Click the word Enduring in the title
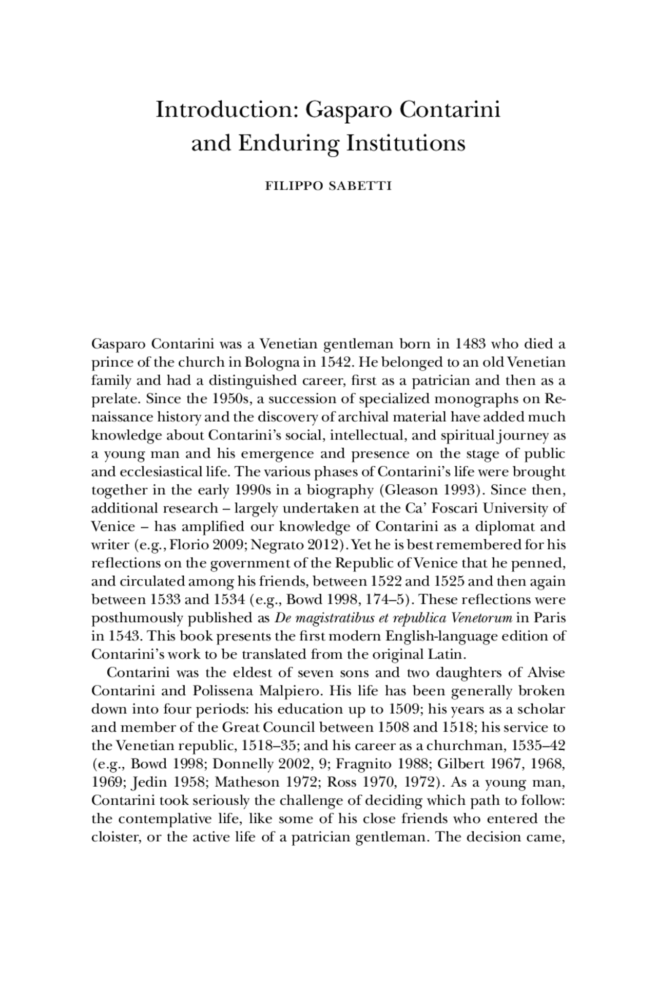(288, 143)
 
